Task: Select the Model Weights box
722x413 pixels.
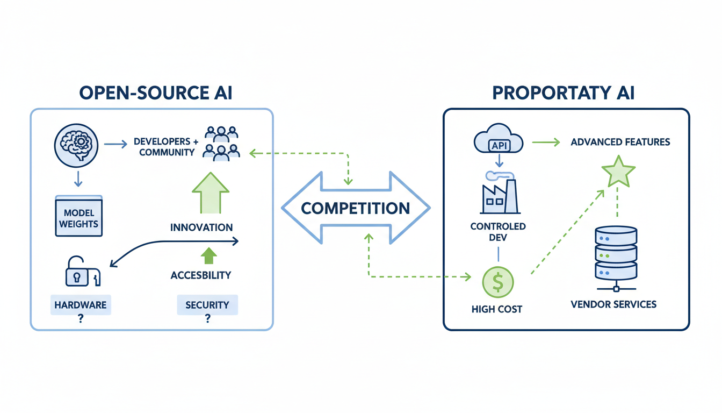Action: pos(78,217)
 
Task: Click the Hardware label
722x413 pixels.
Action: pos(80,305)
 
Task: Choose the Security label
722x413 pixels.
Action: pos(207,305)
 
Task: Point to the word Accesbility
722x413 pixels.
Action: pos(200,275)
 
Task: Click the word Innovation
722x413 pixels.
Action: pos(201,227)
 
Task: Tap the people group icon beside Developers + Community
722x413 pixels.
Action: pos(221,143)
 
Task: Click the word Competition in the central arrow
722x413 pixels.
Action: pos(356,208)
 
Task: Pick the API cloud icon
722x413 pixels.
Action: pos(499,141)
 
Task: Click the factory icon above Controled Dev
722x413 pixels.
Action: pos(499,194)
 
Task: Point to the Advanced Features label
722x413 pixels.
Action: pos(620,143)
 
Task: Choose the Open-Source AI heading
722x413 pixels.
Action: pos(156,92)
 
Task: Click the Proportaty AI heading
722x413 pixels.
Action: pos(564,92)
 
